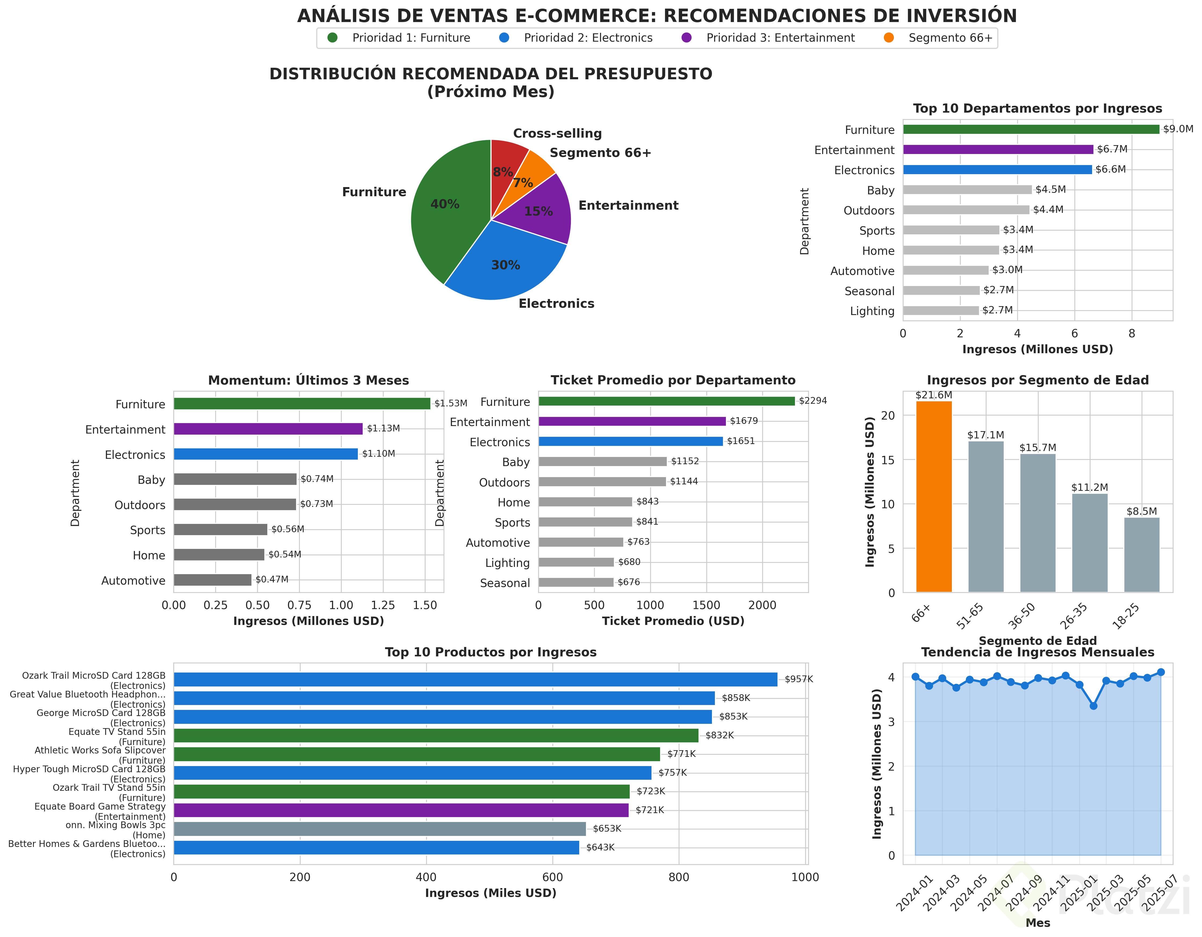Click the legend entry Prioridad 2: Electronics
588,38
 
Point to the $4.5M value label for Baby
1050,189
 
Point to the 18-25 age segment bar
1142,555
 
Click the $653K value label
606,829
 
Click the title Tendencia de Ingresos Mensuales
1037,652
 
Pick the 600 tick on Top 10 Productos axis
553,877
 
